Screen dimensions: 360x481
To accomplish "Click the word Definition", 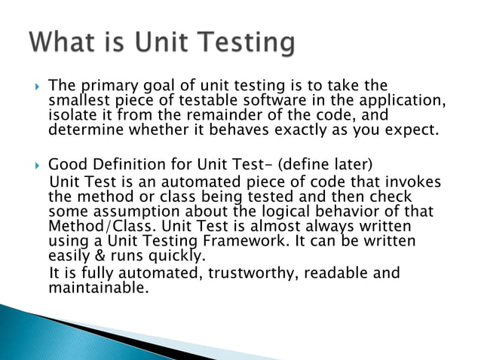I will (x=125, y=165).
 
